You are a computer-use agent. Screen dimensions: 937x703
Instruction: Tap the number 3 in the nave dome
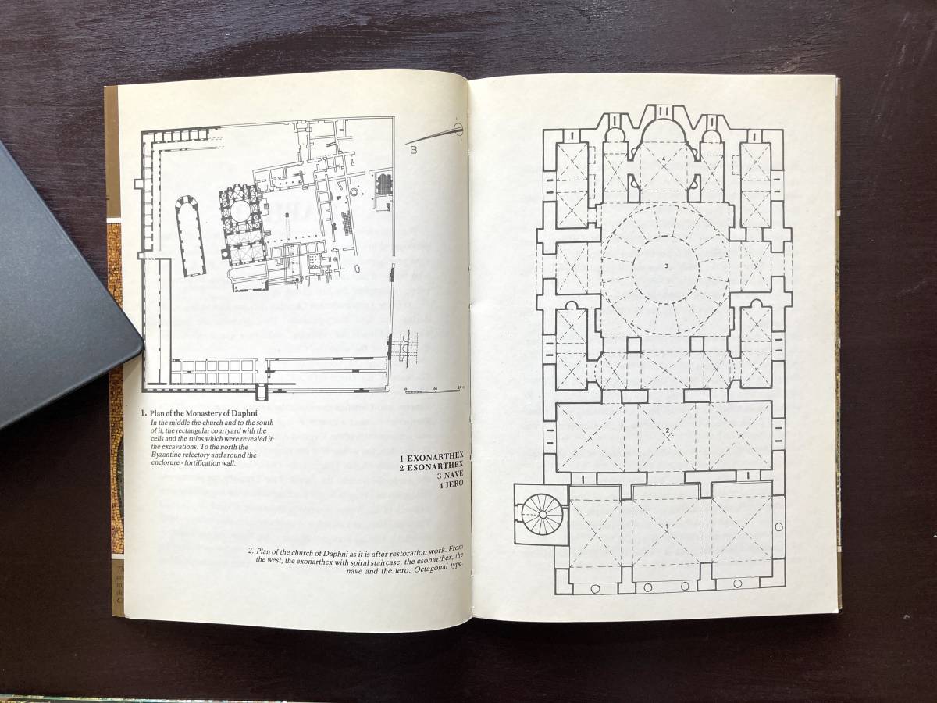(666, 266)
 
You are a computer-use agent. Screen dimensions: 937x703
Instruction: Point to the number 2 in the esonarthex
(668, 430)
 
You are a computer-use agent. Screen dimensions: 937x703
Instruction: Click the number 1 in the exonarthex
(665, 526)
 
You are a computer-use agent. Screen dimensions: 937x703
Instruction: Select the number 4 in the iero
(662, 159)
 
